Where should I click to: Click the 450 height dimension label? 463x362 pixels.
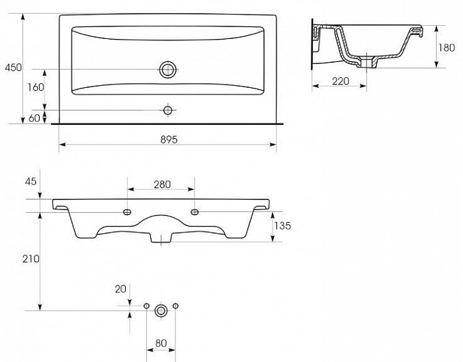click(13, 67)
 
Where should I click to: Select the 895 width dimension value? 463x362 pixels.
click(169, 139)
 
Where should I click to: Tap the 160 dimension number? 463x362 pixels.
click(36, 87)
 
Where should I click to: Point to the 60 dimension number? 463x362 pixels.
click(34, 118)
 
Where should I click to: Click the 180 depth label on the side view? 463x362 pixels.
click(446, 48)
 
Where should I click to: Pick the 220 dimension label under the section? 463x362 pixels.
click(341, 81)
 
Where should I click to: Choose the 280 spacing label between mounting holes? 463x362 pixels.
click(162, 184)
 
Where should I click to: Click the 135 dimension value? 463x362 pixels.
click(282, 226)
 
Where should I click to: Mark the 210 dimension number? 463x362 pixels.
click(31, 259)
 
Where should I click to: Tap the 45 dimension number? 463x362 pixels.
click(30, 181)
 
